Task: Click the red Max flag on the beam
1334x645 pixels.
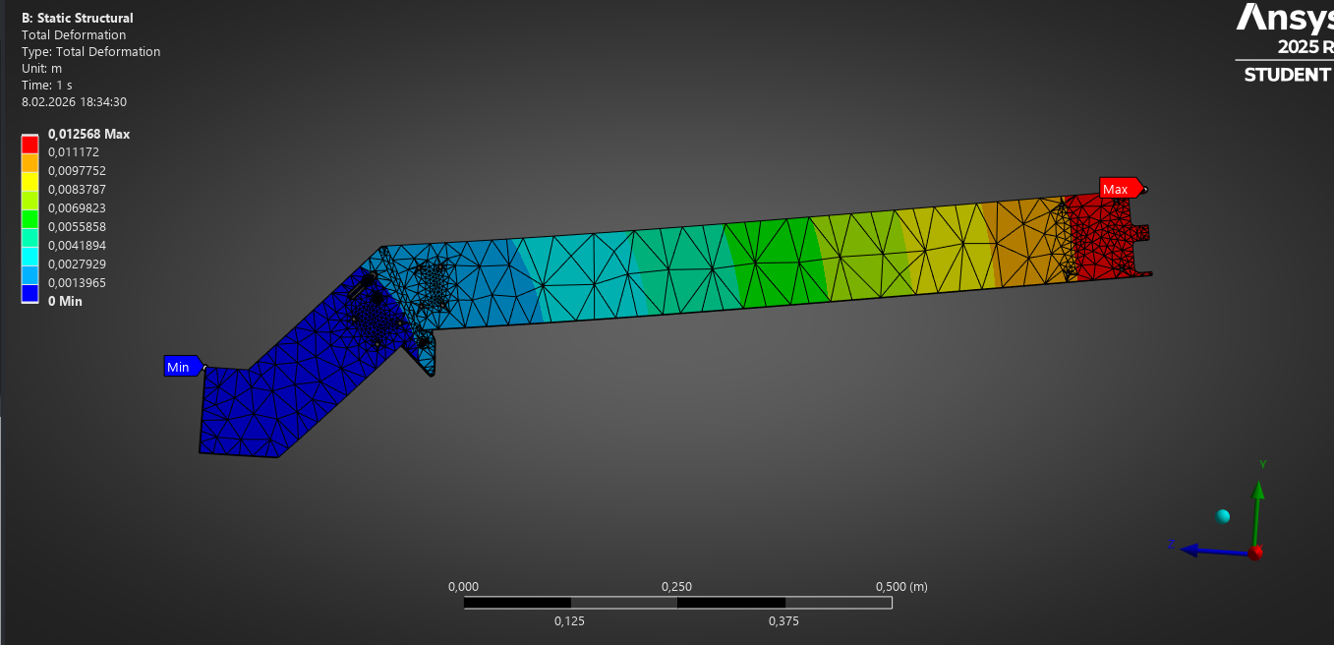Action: [1121, 189]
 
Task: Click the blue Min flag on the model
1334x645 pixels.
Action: [183, 367]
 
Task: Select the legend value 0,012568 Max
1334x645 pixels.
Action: [88, 134]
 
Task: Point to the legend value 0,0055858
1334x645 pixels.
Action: [77, 227]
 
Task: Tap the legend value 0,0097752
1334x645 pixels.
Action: [77, 171]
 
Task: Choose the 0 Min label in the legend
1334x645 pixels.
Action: [65, 301]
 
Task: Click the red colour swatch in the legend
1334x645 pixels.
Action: [29, 145]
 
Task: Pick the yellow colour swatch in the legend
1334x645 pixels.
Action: [29, 182]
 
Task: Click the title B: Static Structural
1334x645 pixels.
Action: [78, 18]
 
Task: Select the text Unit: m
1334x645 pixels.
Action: [41, 69]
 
